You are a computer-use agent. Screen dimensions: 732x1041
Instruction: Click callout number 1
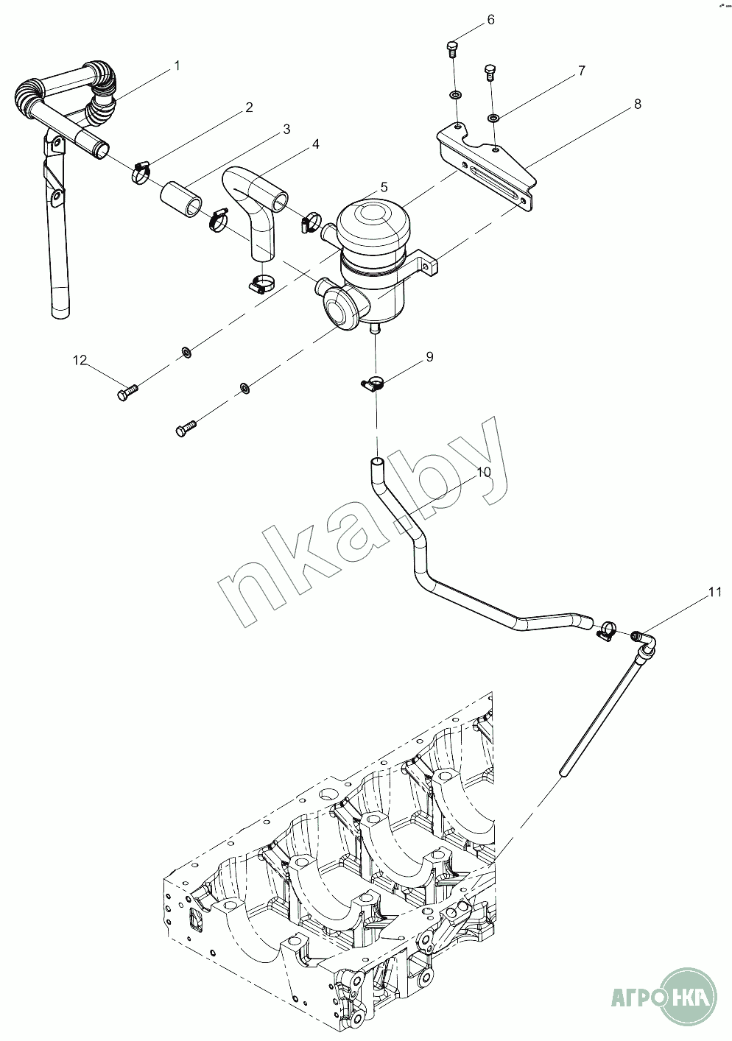tap(176, 66)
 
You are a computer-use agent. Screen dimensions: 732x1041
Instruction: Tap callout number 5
tap(384, 187)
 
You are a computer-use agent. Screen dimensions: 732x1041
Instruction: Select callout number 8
tap(637, 104)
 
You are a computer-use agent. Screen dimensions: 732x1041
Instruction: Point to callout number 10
tap(484, 472)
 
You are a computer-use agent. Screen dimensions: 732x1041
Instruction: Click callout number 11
tap(715, 592)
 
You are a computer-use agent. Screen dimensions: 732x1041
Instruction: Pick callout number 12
tap(80, 360)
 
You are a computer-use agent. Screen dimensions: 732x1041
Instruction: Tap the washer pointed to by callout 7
tap(493, 118)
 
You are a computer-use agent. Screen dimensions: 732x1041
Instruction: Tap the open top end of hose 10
tap(377, 462)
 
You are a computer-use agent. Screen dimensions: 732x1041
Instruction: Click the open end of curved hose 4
tap(281, 203)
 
